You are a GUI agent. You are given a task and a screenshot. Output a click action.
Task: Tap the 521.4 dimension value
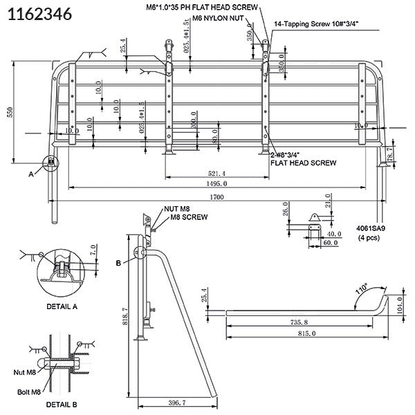coord(217,173)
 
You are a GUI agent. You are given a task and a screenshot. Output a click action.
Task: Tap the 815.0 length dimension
coord(304,334)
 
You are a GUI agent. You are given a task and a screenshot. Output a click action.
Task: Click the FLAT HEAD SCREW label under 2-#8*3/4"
coord(304,163)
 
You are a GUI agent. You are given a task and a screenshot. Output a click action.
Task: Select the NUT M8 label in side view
coord(178,208)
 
